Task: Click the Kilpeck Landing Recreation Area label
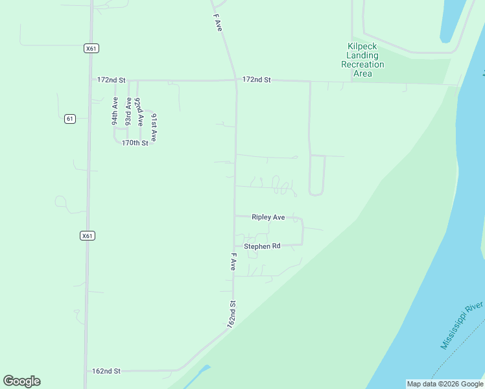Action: tap(363, 60)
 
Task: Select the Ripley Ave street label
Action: tap(268, 217)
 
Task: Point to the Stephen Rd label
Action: tap(262, 246)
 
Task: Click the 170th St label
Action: tap(135, 143)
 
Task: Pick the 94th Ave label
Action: tap(115, 111)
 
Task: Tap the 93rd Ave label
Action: tap(129, 111)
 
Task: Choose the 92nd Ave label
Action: tap(139, 112)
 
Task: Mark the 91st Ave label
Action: tap(154, 127)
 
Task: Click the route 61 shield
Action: tap(70, 119)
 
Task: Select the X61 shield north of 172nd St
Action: tap(91, 48)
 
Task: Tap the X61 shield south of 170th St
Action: tap(88, 235)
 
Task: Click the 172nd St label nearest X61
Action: tap(110, 80)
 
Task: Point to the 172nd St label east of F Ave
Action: tap(256, 79)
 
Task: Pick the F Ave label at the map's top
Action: tap(219, 23)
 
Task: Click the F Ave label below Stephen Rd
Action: tap(232, 263)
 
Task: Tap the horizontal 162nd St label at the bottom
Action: tap(106, 371)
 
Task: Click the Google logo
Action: tap(21, 381)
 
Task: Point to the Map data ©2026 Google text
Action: tap(445, 384)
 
